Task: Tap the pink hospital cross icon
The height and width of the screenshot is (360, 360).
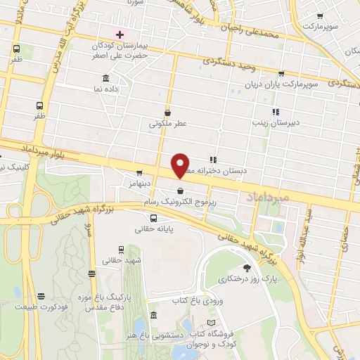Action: coord(120,34)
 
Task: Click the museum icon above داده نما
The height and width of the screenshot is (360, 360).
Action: coord(105,78)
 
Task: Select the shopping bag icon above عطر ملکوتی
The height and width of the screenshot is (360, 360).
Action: coord(167,112)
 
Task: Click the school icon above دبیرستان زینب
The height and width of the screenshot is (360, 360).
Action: coord(276,111)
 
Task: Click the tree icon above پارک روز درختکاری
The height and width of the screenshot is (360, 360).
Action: coord(246,268)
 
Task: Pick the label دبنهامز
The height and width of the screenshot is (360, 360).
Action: coord(141,184)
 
